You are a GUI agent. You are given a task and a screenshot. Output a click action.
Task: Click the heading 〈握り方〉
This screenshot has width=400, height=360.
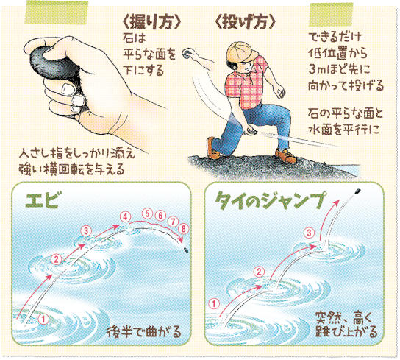151,23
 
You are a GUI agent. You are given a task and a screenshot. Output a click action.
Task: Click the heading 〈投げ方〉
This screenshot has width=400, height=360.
246,23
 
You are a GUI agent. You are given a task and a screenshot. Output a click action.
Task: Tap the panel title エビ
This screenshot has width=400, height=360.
43,201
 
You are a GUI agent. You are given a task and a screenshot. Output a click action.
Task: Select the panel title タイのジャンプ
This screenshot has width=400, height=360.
271,200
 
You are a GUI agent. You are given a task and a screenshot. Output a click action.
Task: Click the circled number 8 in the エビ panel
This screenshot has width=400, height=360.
183,229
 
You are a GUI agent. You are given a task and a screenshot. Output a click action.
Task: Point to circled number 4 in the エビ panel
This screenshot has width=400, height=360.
125,217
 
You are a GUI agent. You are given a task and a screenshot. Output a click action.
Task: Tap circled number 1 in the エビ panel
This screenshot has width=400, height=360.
43,319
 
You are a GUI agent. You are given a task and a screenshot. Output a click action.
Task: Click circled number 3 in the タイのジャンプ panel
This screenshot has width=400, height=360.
309,233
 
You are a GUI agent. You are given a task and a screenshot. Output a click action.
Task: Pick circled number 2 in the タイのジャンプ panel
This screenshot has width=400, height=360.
259,272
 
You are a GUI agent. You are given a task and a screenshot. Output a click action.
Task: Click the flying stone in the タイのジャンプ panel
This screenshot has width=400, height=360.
357,191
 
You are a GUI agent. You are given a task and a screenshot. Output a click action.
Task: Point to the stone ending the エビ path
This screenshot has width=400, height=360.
186,250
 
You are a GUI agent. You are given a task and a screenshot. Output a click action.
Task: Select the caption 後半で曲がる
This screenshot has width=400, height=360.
144,332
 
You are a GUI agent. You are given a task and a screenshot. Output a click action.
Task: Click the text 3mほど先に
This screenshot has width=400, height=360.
339,69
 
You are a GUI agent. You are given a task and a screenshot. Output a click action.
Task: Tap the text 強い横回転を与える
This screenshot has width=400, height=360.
71,169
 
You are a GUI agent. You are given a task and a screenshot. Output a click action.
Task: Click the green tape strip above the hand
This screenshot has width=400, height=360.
57,13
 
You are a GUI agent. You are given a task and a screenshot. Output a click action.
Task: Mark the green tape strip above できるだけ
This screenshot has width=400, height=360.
331,15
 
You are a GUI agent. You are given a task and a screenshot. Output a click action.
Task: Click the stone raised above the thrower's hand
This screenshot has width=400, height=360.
187,54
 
